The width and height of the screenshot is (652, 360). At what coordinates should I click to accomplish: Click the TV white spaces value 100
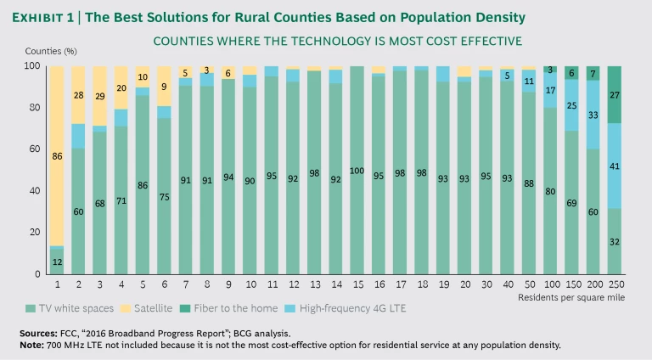(x=357, y=171)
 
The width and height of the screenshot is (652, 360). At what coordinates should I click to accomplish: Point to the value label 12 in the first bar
(x=58, y=261)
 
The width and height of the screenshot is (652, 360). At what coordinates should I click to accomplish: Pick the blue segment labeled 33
(x=616, y=115)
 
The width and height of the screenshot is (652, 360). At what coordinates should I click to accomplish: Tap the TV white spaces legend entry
(x=79, y=308)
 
